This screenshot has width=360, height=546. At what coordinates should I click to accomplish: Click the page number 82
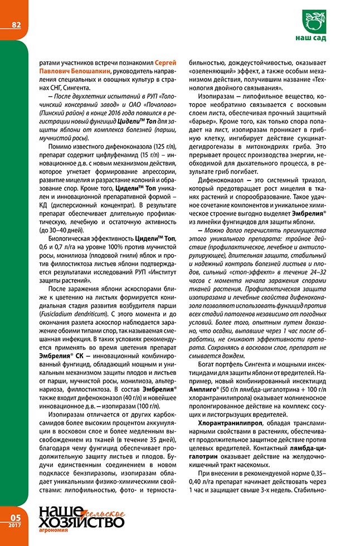click(16, 25)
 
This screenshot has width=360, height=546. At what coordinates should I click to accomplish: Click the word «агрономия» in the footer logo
click(53, 530)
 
